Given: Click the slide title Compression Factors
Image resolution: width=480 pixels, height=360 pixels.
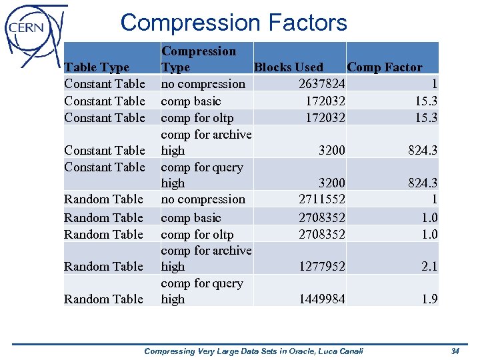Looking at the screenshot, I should click(x=233, y=23).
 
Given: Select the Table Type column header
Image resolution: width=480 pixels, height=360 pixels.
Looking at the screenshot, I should click(x=97, y=67).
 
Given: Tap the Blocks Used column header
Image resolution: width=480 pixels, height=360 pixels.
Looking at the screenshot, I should click(x=289, y=67).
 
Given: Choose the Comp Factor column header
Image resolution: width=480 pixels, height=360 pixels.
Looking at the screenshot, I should click(x=385, y=67).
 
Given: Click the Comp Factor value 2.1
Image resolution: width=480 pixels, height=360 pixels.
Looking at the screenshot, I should click(x=429, y=267).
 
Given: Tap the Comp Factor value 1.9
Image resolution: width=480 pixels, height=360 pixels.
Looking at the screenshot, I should click(x=429, y=299).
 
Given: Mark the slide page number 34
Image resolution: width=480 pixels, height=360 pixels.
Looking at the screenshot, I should click(x=455, y=351).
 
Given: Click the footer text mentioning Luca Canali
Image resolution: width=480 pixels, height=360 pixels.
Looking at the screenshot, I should click(x=253, y=351).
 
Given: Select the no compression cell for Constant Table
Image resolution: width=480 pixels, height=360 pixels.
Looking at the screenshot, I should click(x=203, y=84).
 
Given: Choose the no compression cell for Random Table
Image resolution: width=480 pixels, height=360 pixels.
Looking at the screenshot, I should click(x=203, y=199).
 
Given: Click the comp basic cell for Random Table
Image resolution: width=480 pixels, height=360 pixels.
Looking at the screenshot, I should click(x=191, y=218).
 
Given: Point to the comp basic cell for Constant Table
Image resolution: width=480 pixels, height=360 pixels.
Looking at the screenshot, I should click(x=191, y=101).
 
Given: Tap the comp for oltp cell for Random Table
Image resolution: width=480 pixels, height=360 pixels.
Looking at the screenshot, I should click(x=197, y=235).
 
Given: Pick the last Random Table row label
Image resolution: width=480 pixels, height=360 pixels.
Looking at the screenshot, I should click(x=103, y=299).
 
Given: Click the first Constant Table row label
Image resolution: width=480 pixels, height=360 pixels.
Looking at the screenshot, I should click(x=105, y=84).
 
